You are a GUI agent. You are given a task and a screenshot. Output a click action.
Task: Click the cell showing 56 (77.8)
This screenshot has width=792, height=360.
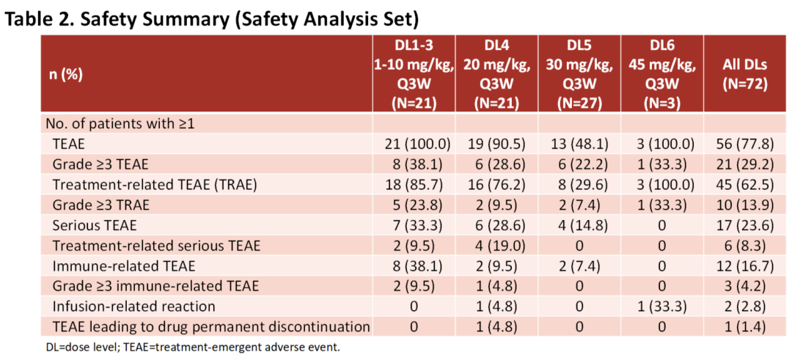pyautogui.click(x=744, y=144)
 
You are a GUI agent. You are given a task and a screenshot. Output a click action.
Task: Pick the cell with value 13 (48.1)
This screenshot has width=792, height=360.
pyautogui.click(x=579, y=144)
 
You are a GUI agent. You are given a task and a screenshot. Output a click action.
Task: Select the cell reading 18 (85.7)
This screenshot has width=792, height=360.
pyautogui.click(x=414, y=185)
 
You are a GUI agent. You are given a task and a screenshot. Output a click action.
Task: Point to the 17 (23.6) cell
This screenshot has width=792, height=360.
pyautogui.click(x=744, y=225)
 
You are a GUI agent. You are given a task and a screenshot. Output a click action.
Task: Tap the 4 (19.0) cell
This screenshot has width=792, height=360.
pyautogui.click(x=496, y=246)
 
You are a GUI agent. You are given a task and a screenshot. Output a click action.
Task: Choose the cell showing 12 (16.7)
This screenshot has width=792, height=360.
pyautogui.click(x=744, y=265)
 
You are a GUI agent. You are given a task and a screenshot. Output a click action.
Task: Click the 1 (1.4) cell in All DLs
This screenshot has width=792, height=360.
pyautogui.click(x=744, y=327)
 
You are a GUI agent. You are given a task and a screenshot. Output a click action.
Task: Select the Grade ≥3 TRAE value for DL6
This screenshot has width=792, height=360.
pyautogui.click(x=661, y=205)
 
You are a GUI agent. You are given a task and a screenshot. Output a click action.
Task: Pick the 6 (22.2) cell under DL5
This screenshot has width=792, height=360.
pyautogui.click(x=579, y=164)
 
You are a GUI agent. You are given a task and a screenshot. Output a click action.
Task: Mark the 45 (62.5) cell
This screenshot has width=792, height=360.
pyautogui.click(x=744, y=185)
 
